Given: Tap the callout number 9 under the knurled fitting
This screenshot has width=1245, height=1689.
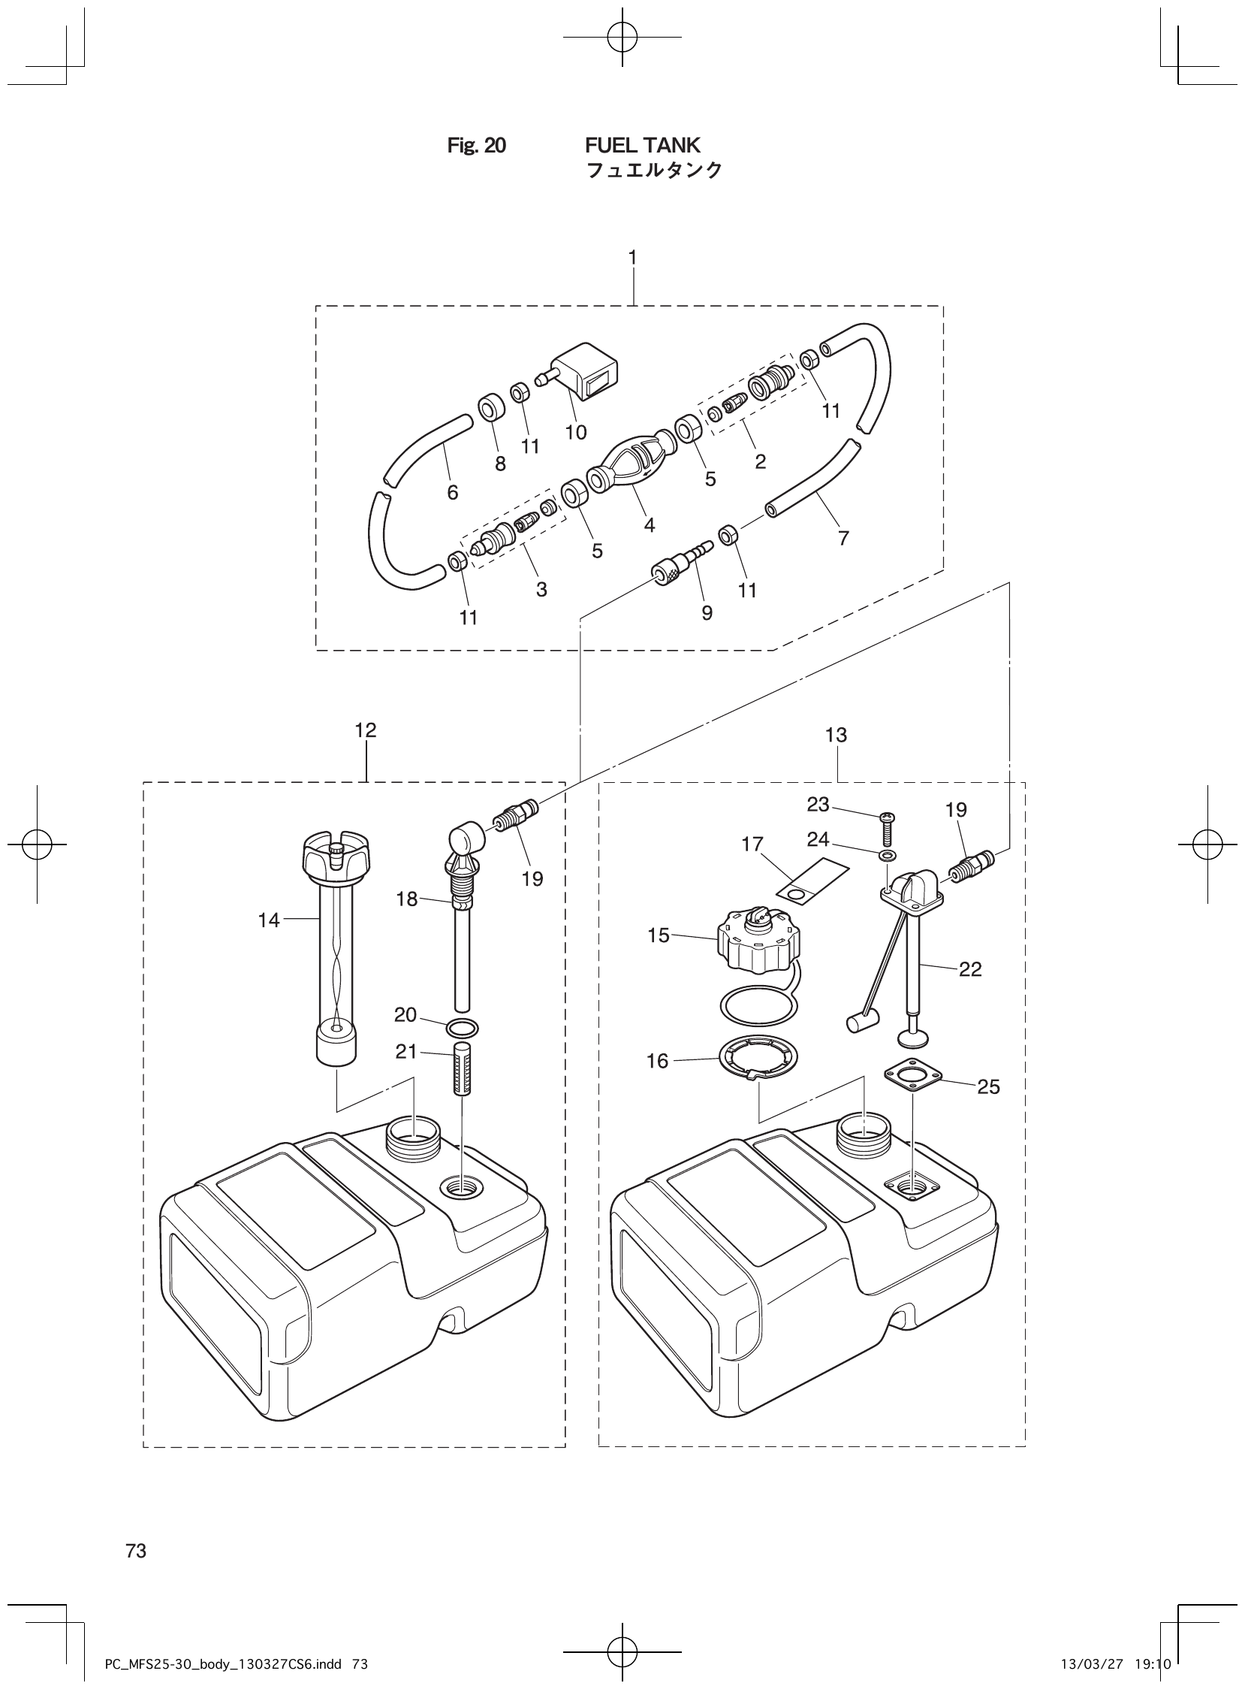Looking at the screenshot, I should (x=707, y=614).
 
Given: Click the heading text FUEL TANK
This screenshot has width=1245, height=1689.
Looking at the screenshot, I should (x=642, y=145).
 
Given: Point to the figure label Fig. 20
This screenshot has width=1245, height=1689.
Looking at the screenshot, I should (x=476, y=146).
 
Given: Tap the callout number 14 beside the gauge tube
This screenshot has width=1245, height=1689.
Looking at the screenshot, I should (x=268, y=920).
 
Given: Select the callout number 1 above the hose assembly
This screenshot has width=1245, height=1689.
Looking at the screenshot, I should (x=632, y=258).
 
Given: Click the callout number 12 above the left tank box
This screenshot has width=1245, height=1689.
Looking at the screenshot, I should (x=366, y=730).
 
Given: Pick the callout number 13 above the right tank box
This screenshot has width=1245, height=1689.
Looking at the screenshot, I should (x=836, y=734).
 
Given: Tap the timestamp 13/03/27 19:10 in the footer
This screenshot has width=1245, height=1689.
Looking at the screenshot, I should (x=1116, y=1659).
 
